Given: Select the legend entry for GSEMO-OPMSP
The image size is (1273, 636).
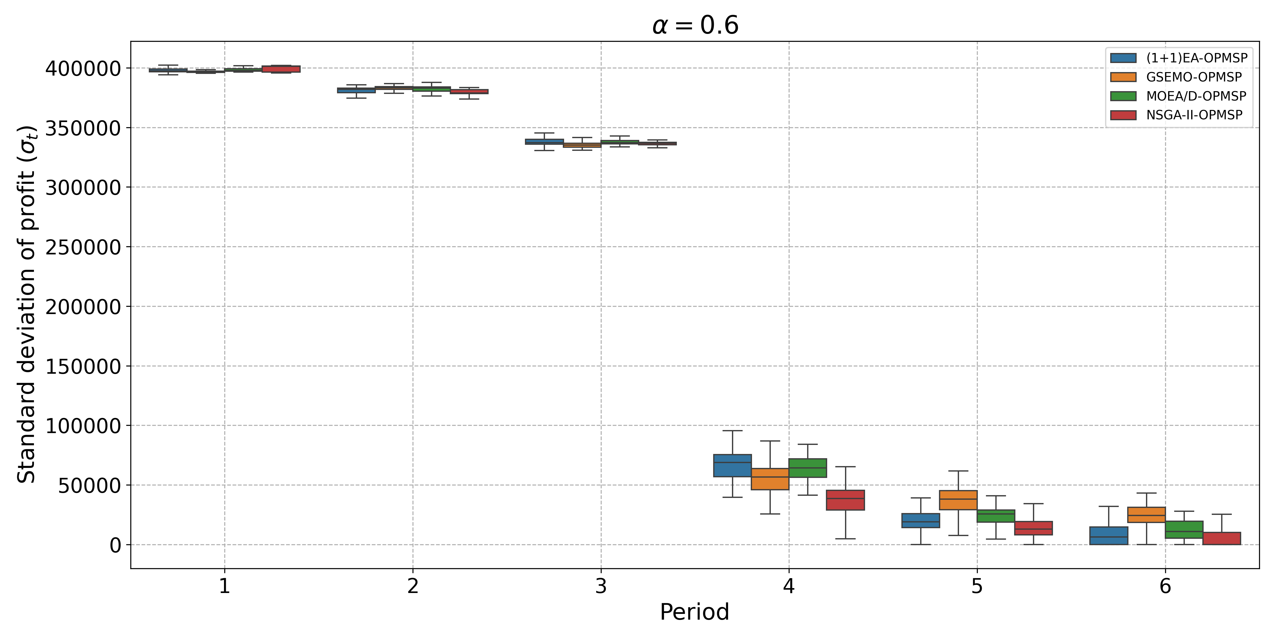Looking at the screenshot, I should [x=1194, y=77].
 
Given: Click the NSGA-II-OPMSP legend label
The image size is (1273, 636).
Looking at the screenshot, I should [x=1194, y=115].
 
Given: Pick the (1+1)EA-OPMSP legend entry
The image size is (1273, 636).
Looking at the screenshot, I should [x=1196, y=58].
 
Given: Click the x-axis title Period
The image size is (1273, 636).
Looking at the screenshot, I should [x=694, y=612].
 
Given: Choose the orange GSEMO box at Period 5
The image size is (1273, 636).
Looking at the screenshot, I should [x=958, y=500].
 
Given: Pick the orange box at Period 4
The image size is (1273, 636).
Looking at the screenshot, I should [x=770, y=479].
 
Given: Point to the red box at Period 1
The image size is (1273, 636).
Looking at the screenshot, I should [x=281, y=69].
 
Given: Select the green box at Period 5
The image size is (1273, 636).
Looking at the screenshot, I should [x=996, y=516].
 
